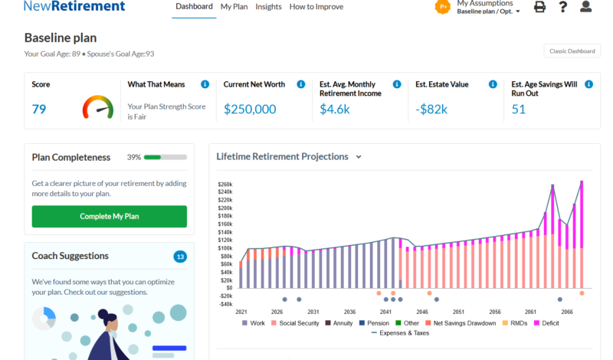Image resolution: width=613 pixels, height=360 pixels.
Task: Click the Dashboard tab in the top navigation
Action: click(x=194, y=7)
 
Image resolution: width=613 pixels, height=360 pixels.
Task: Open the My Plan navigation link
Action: click(x=234, y=7)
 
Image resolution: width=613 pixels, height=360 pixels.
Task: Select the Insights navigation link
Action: click(x=268, y=7)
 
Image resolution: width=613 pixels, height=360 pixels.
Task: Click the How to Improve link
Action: click(x=316, y=7)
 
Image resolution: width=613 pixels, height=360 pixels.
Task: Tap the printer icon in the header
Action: click(x=539, y=7)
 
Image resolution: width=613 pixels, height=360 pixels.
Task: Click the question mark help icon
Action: click(x=563, y=7)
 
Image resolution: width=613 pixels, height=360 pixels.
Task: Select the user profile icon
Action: click(x=586, y=7)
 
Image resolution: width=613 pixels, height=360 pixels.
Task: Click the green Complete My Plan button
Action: click(x=109, y=216)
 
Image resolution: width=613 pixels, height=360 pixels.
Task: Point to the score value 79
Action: click(x=39, y=109)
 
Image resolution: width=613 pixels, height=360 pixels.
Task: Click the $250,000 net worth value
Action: click(x=250, y=109)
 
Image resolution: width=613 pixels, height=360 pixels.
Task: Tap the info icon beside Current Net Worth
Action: click(x=301, y=84)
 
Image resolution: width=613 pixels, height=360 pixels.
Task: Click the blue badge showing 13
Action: click(x=180, y=257)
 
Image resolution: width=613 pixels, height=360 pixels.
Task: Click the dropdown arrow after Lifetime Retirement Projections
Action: click(x=359, y=157)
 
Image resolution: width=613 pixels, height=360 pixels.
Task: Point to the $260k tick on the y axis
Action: click(x=225, y=184)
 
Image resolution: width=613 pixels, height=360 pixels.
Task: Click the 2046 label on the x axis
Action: click(x=422, y=312)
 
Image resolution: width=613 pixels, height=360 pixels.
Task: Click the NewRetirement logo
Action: click(x=74, y=7)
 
